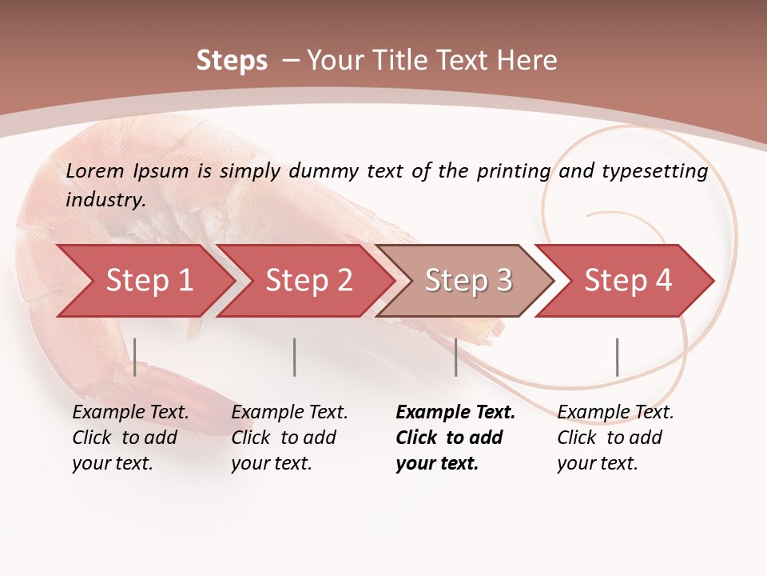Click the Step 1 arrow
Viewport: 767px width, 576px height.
click(148, 281)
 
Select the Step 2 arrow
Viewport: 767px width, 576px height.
click(308, 281)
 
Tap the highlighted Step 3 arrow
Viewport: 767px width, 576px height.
click(467, 281)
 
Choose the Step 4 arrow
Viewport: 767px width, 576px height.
click(627, 281)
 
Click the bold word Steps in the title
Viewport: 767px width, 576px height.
click(232, 61)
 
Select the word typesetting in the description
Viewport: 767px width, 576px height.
click(654, 170)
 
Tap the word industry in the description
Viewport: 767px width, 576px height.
click(105, 199)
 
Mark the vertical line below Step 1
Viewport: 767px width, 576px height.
click(135, 357)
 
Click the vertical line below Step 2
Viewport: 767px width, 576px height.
click(295, 357)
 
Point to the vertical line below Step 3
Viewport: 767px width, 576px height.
click(455, 357)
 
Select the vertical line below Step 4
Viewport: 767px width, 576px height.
click(617, 357)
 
